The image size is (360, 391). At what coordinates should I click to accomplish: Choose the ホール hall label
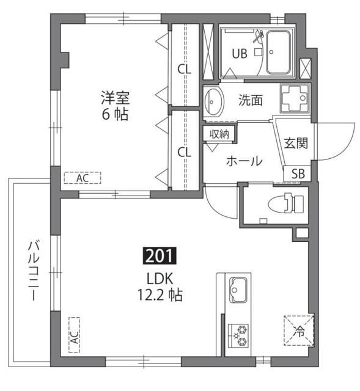click(244, 161)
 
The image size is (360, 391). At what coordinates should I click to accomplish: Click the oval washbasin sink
click(213, 101)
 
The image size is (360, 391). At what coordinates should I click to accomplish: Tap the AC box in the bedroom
click(83, 178)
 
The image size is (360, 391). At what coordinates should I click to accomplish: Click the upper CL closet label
click(184, 69)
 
